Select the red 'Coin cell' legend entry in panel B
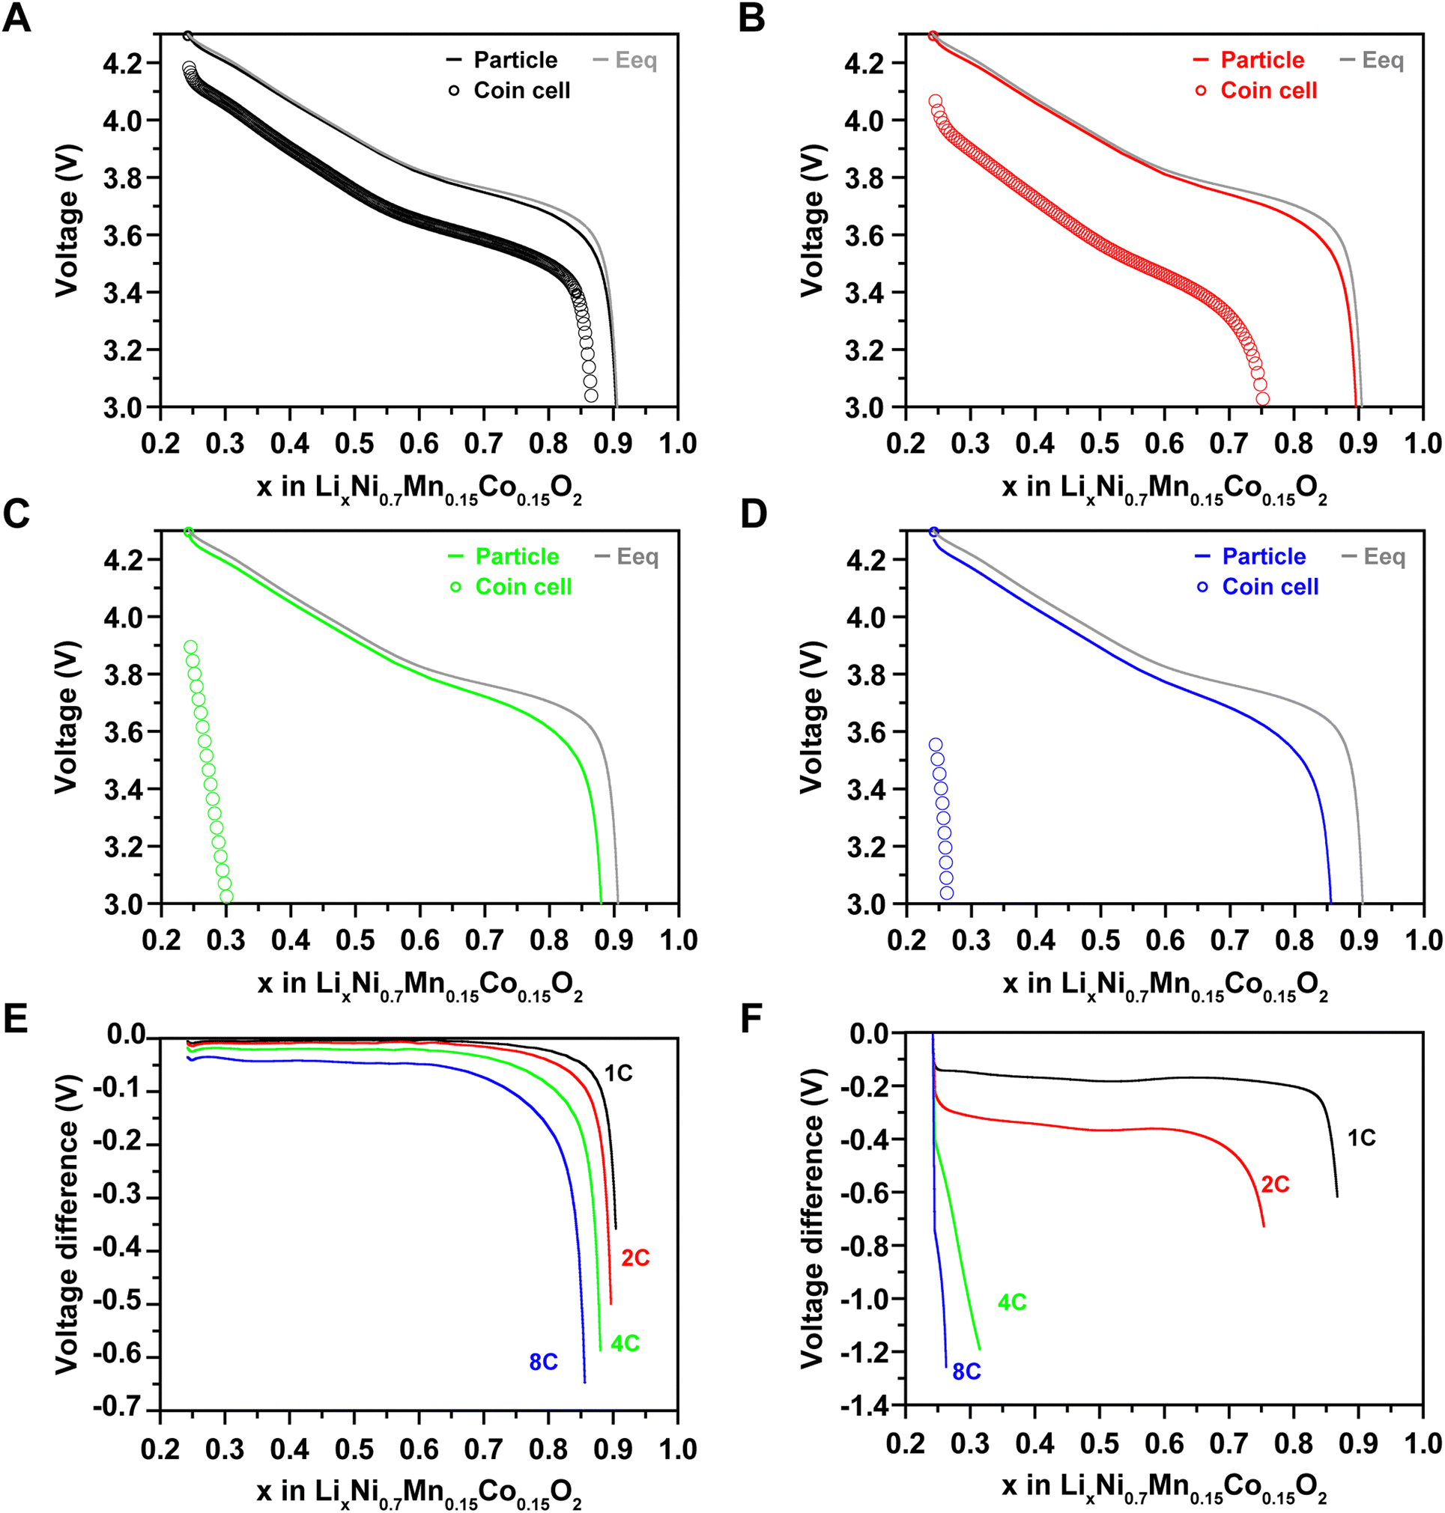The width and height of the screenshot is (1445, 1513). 1268,91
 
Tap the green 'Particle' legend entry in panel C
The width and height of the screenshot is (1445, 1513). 516,557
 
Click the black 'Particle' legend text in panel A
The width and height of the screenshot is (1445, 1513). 515,60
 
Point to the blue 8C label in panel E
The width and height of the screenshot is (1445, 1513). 543,1362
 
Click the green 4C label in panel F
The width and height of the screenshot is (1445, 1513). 1012,1302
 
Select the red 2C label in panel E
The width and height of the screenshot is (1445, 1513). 635,1258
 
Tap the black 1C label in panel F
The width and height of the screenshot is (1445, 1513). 1361,1138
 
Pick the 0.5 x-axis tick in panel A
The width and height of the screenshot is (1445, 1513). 354,443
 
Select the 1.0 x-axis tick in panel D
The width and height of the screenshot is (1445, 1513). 1423,940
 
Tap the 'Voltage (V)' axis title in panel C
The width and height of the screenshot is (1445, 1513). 67,717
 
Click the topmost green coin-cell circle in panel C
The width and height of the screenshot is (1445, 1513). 191,647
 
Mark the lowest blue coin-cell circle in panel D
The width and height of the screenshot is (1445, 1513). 947,893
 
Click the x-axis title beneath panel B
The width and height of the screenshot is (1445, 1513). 1164,488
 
